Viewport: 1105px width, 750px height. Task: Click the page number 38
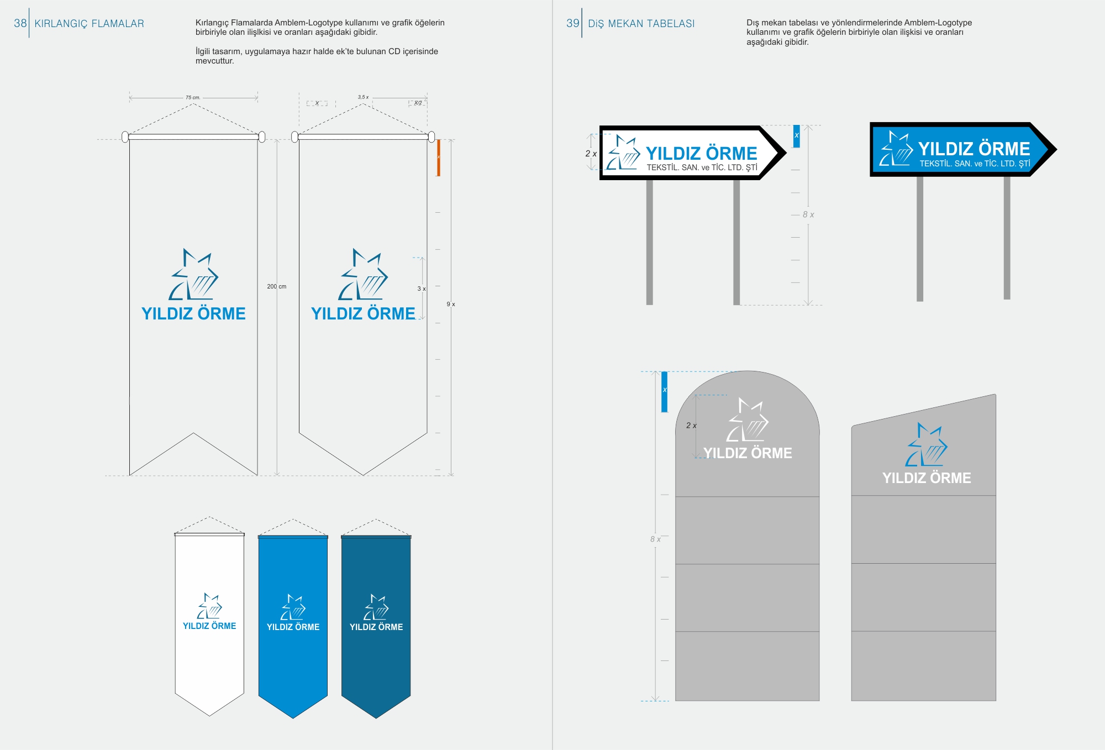click(x=20, y=23)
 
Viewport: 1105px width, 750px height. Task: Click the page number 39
click(x=572, y=23)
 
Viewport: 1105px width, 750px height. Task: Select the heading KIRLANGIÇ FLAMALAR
click(x=89, y=24)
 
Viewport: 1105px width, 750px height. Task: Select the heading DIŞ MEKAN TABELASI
click(x=641, y=24)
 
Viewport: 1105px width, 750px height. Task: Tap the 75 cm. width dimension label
click(x=193, y=98)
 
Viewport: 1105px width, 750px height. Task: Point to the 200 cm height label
click(x=276, y=286)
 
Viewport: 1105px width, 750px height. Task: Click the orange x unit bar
click(x=439, y=158)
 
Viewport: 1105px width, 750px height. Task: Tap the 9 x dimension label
click(x=451, y=304)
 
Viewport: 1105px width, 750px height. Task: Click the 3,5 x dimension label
click(x=363, y=97)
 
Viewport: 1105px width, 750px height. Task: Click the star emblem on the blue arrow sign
click(x=896, y=149)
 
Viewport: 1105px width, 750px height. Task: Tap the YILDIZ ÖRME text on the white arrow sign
click(x=701, y=153)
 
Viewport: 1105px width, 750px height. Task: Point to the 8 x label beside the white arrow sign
click(x=808, y=214)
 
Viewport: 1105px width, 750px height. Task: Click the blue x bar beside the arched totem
click(x=665, y=391)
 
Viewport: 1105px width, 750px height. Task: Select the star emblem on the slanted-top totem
click(x=926, y=445)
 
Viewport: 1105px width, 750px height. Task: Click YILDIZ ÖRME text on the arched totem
click(x=748, y=453)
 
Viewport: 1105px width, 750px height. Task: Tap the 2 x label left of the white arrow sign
click(x=591, y=154)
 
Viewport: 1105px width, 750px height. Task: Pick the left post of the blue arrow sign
click(x=920, y=238)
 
